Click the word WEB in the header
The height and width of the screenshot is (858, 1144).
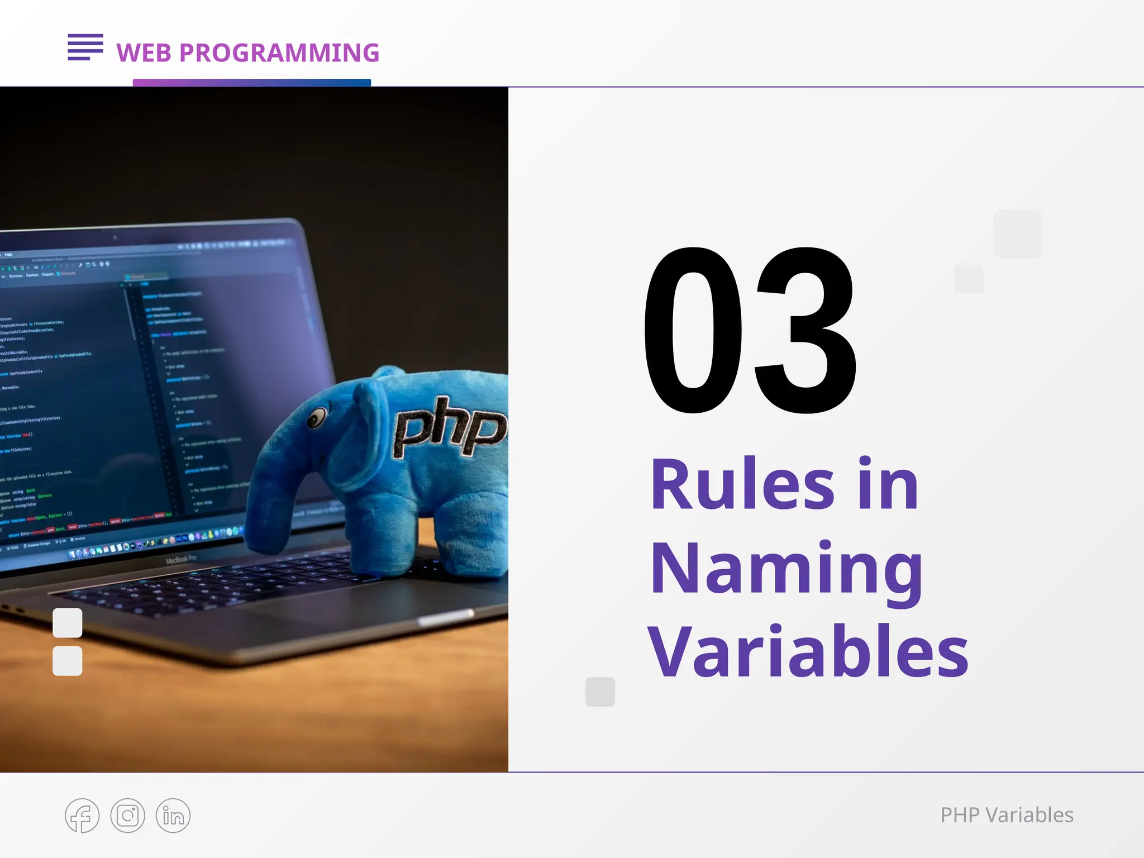(144, 53)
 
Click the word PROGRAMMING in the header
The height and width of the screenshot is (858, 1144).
(279, 53)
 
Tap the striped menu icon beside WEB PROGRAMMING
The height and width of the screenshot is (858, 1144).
(85, 47)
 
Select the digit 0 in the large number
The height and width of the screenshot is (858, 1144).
(694, 331)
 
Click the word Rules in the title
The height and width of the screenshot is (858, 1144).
(743, 485)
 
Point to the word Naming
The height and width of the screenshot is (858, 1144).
(786, 570)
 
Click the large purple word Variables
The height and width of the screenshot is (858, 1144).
(808, 652)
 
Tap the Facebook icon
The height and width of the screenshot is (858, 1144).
(82, 816)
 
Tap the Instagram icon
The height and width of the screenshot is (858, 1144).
(127, 816)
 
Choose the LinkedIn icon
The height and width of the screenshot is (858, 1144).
(173, 816)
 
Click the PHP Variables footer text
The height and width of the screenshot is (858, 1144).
(1007, 815)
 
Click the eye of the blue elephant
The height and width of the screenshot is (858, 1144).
(317, 417)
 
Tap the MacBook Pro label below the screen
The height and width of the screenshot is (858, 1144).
(181, 559)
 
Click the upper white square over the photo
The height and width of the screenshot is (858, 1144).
(68, 623)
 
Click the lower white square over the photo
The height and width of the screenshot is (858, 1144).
(68, 661)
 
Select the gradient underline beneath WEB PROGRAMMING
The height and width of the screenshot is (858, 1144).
(252, 83)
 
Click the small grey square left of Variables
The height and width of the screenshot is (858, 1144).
(600, 692)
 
